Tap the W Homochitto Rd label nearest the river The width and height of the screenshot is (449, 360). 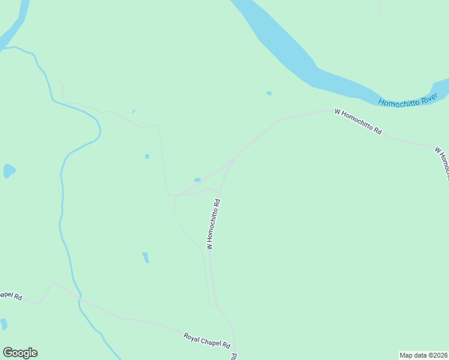pyautogui.click(x=358, y=121)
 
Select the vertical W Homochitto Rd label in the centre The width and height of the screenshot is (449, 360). pyautogui.click(x=214, y=224)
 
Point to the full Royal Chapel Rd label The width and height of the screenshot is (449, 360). pyautogui.click(x=207, y=341)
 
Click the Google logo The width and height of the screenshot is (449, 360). pyautogui.click(x=20, y=353)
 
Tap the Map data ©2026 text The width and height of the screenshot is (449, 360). pyautogui.click(x=424, y=355)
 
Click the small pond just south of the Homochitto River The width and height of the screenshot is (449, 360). pyautogui.click(x=269, y=93)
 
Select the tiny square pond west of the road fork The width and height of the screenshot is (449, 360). pyautogui.click(x=147, y=157)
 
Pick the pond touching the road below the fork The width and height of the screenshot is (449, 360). pyautogui.click(x=197, y=179)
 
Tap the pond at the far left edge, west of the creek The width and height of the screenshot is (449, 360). pyautogui.click(x=8, y=171)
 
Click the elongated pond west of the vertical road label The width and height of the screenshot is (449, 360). pyautogui.click(x=145, y=257)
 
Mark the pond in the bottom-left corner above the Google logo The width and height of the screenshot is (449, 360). pyautogui.click(x=3, y=325)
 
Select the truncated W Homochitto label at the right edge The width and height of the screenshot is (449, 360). pyautogui.click(x=443, y=163)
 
